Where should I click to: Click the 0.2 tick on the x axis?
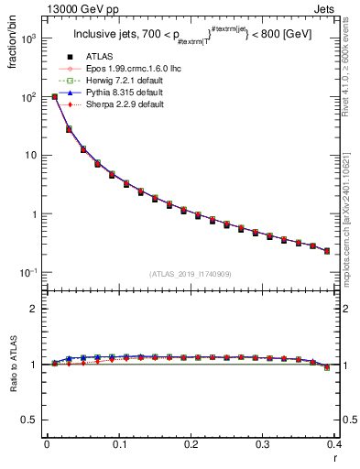tap(191, 445)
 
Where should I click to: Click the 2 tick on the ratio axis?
tap(37, 309)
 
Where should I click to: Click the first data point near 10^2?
tap(55, 96)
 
